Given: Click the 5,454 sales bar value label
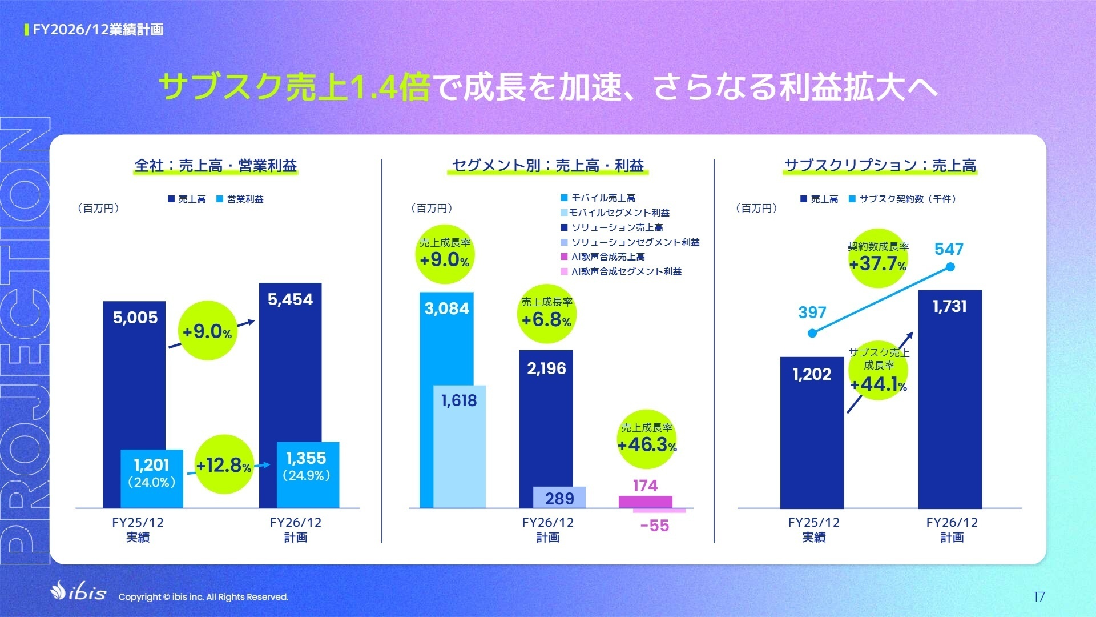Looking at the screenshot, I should click(x=290, y=299).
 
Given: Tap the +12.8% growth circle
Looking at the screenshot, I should click(x=224, y=464).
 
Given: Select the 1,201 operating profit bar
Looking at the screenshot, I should click(x=152, y=479).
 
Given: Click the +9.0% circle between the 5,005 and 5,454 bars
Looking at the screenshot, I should click(x=208, y=331).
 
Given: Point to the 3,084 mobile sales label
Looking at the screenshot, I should click(x=446, y=308).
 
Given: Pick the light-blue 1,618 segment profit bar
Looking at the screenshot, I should click(x=460, y=446).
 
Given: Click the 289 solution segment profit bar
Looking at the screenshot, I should click(x=559, y=498).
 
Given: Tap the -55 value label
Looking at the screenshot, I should click(x=654, y=526).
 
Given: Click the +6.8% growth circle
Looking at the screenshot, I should click(x=546, y=314).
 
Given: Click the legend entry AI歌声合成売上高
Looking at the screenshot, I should click(x=607, y=257).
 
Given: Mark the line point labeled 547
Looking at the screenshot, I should click(x=950, y=267).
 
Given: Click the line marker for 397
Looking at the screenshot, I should click(x=812, y=333).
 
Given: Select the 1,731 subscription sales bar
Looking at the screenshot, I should click(x=950, y=400).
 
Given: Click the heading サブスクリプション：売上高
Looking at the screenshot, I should click(x=880, y=166).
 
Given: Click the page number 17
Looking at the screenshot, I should click(x=1039, y=597).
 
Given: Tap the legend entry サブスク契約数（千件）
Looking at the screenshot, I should click(x=906, y=199).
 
